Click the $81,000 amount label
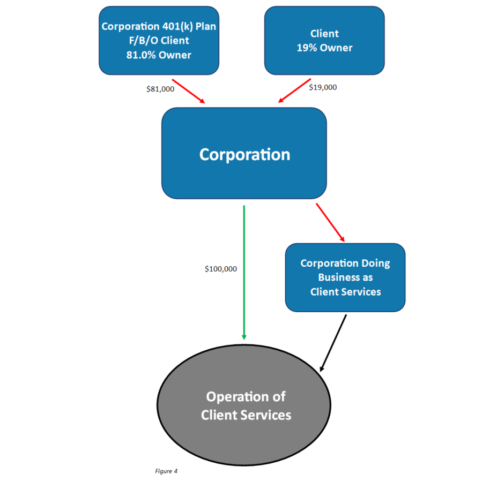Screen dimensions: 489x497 160,89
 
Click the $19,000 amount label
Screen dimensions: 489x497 323,87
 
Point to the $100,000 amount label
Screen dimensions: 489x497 221,269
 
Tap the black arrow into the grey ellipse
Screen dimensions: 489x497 333,343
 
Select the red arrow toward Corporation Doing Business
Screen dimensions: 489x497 330,222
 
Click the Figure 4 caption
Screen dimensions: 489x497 166,471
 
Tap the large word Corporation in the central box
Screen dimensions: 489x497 244,154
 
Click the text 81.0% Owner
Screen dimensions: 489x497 159,55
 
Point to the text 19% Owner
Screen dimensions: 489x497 324,48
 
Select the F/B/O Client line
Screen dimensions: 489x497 159,40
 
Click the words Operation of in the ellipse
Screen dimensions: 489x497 246,397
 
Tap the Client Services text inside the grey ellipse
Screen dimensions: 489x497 246,415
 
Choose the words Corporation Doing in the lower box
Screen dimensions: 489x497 345,264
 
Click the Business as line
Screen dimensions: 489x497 345,277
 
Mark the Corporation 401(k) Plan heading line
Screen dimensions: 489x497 159,26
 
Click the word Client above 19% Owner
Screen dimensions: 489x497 324,33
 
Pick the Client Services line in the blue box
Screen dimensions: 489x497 345,292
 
